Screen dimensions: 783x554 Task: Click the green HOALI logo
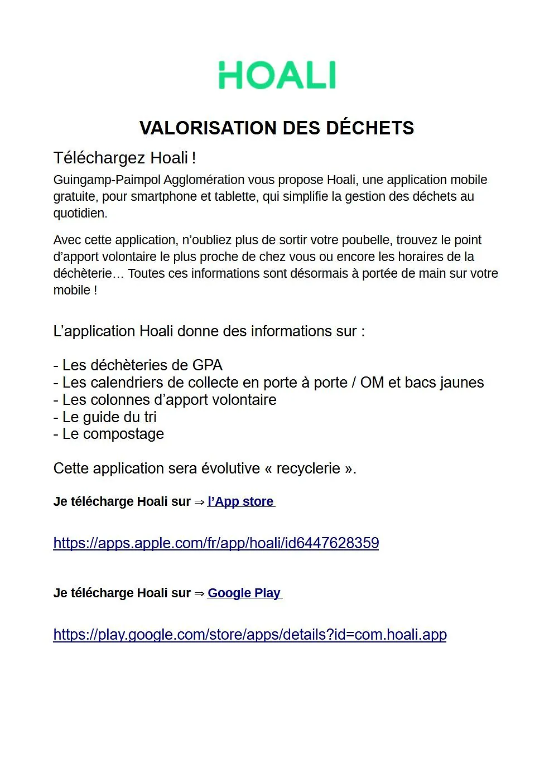pos(277,75)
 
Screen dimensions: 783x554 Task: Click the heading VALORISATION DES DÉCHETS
pos(277,128)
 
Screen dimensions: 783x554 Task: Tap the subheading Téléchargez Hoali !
pos(124,158)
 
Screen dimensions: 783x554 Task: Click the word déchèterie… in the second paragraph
pos(89,274)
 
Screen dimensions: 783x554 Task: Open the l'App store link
pos(240,501)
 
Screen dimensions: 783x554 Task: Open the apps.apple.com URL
pos(216,543)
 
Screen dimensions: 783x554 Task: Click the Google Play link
pos(244,593)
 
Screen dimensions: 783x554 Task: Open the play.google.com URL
pos(250,635)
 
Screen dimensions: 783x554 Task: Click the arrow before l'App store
pos(199,502)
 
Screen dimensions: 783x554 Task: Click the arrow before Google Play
pos(199,593)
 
